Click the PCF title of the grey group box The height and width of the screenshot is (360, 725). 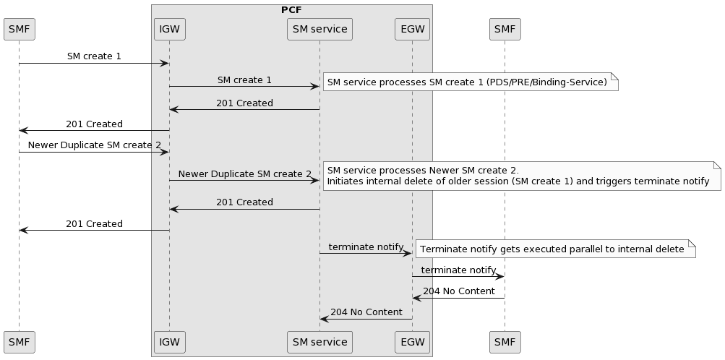291,10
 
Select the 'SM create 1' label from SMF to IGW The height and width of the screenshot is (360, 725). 94,56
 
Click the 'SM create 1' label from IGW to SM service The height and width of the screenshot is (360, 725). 244,80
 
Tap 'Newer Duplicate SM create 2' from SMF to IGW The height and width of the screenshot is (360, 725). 94,145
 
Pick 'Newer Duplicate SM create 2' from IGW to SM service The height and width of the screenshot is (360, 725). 244,173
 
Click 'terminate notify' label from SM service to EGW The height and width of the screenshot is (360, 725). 366,247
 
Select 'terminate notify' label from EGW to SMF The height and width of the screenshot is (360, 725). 458,270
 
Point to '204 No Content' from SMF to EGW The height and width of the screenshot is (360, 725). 458,291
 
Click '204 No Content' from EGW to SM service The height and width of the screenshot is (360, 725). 366,312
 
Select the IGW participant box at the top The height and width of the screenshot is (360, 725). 170,30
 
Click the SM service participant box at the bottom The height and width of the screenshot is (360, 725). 319,342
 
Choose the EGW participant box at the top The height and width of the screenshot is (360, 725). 412,30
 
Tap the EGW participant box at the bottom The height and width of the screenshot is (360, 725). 412,342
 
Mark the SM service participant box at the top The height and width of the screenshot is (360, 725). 319,30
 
